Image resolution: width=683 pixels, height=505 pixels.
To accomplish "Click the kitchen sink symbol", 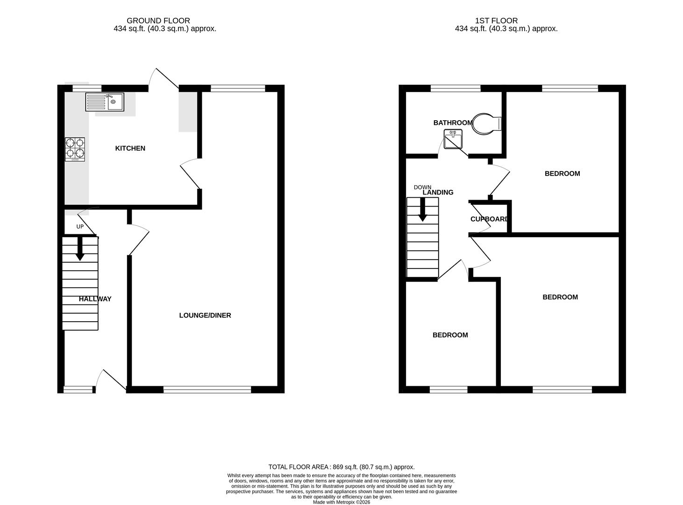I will click(105, 102).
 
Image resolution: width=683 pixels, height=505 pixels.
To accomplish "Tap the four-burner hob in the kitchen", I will click(75, 149).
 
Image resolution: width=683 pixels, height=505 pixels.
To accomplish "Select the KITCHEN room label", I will click(130, 148).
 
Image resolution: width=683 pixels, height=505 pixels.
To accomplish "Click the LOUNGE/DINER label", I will click(205, 315).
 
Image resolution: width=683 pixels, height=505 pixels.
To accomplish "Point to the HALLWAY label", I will click(95, 299).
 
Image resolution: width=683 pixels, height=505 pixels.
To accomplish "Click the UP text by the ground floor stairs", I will click(80, 227).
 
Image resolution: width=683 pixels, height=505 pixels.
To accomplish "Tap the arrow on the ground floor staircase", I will click(80, 249).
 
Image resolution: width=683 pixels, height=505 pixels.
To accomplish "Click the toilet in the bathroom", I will click(486, 123).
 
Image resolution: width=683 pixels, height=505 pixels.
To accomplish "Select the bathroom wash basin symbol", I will click(453, 139).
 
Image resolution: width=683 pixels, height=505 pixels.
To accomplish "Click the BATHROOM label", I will click(453, 123).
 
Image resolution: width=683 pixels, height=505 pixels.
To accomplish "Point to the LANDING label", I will click(438, 192).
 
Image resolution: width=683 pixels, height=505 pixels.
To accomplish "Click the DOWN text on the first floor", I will click(422, 187).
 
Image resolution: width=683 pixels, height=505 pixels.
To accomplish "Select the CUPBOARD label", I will click(489, 219).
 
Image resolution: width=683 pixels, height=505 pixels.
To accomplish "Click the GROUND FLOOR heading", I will click(158, 21).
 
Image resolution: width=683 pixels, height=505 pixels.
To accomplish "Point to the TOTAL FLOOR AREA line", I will click(341, 467).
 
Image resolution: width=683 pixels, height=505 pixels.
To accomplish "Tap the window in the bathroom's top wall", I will click(455, 88).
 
